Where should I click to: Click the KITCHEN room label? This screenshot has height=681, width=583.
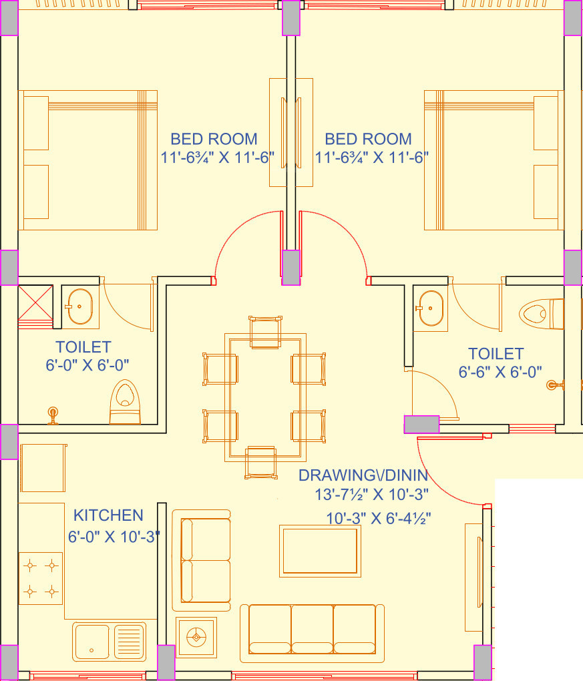click(108, 515)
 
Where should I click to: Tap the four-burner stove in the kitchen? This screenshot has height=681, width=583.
click(41, 578)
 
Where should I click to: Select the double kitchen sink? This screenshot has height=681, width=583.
click(109, 642)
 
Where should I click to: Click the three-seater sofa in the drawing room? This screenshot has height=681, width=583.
click(313, 633)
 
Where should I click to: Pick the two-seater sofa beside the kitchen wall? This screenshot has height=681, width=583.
click(202, 560)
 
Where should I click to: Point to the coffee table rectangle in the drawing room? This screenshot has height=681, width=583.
click(320, 551)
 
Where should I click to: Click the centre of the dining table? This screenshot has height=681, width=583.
click(265, 397)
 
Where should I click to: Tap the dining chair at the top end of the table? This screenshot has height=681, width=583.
click(265, 332)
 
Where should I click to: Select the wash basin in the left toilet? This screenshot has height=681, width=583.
click(80, 306)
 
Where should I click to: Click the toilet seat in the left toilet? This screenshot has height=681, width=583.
click(125, 402)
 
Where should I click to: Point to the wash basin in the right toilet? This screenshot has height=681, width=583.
click(430, 308)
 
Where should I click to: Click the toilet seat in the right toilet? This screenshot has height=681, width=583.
click(542, 314)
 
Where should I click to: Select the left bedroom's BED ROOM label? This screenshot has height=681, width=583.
click(214, 139)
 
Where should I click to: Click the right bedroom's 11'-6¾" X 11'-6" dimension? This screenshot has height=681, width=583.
click(372, 157)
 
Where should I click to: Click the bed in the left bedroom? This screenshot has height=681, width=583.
click(87, 160)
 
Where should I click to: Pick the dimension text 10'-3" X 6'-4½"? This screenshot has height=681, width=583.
click(379, 518)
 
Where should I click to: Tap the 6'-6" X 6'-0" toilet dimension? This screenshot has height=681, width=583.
click(500, 372)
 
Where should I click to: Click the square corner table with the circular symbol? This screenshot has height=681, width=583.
click(196, 637)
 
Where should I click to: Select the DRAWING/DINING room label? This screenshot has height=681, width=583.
click(363, 475)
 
